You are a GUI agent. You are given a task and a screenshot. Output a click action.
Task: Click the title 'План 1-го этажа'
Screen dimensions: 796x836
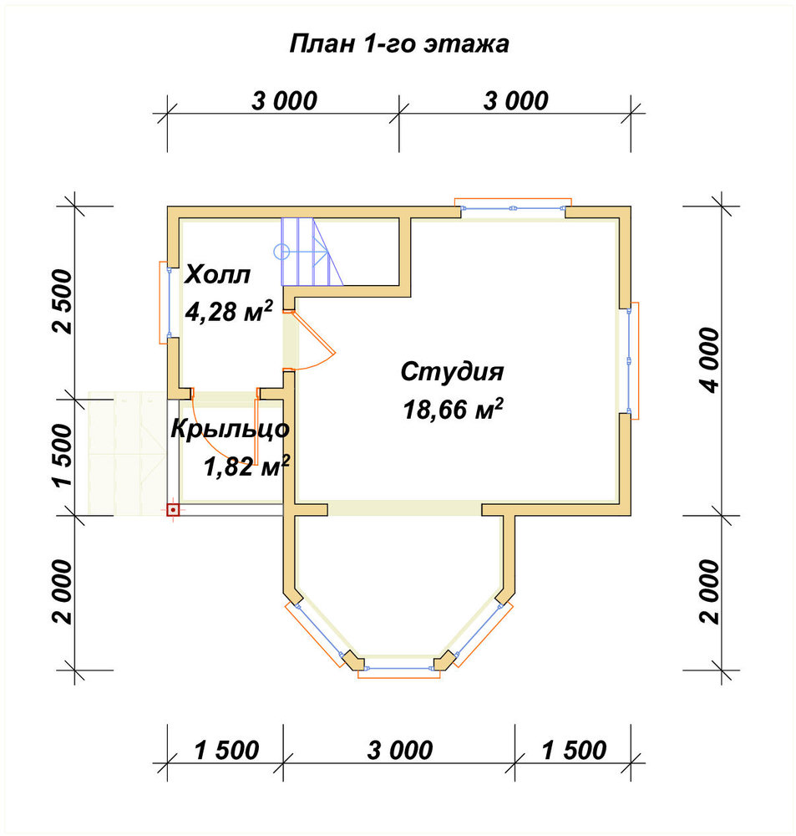(x=399, y=43)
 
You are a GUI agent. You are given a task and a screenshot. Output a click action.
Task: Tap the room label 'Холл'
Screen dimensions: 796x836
(x=217, y=275)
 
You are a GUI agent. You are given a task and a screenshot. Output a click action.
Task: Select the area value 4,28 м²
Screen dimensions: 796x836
(x=229, y=311)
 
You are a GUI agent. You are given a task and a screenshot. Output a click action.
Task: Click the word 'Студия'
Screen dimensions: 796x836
(x=452, y=372)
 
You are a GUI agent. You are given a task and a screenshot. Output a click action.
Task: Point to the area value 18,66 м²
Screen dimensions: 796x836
(x=454, y=409)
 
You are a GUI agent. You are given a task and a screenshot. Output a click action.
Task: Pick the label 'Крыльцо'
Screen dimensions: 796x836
(x=231, y=429)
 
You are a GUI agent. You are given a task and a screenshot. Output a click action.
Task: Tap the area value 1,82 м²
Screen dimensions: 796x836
(x=246, y=466)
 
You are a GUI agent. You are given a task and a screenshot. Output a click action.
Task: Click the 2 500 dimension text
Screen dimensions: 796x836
(x=62, y=302)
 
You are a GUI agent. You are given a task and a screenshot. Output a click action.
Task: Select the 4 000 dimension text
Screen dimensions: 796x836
(x=710, y=360)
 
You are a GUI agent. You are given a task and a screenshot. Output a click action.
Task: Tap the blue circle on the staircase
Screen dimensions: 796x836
(x=281, y=251)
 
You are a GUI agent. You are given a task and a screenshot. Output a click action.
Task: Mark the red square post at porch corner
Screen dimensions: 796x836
(x=173, y=510)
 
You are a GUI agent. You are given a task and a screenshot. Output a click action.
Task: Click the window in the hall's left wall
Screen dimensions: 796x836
(x=165, y=303)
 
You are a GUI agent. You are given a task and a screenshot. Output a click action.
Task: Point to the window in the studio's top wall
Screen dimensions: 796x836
(x=513, y=206)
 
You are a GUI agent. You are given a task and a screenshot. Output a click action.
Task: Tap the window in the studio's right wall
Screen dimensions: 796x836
(x=631, y=360)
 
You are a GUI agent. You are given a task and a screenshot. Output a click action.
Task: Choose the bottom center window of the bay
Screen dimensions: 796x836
(x=399, y=670)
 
